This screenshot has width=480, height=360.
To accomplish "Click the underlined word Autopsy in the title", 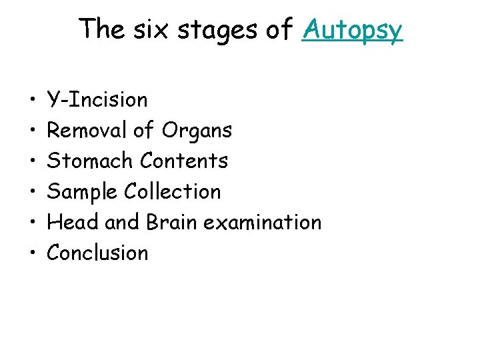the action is [x=351, y=30].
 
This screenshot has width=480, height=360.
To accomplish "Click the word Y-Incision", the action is [x=97, y=100].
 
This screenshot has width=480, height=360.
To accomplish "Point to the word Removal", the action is [x=87, y=131].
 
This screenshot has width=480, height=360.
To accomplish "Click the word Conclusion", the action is [x=97, y=253].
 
